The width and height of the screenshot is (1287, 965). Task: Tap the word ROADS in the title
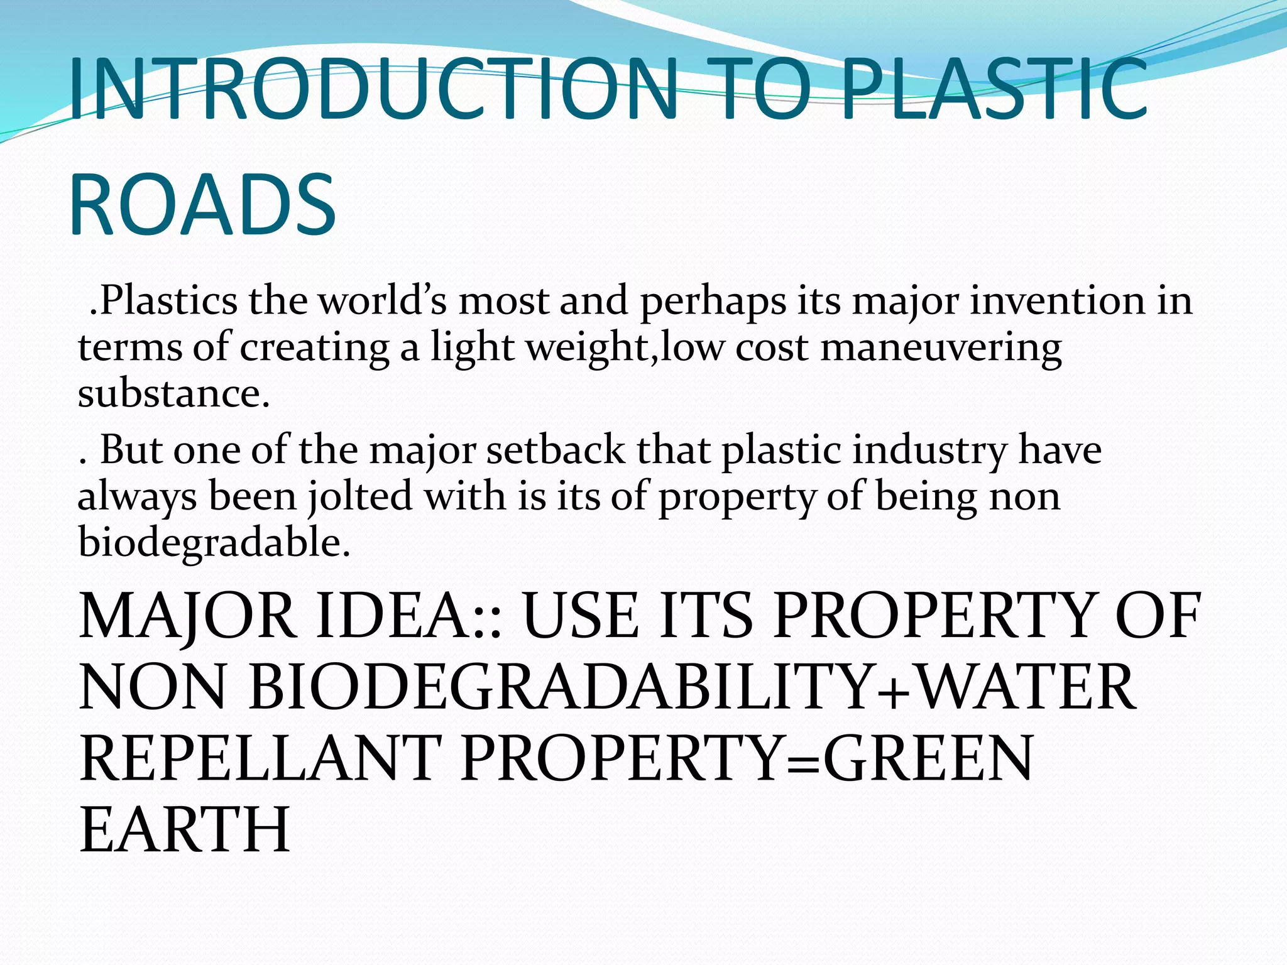point(202,205)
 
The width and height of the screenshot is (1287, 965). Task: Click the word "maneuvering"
point(941,347)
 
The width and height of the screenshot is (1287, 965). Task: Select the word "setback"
point(556,450)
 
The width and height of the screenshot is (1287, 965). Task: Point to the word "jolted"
point(360,496)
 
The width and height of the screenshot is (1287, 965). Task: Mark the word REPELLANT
point(260,758)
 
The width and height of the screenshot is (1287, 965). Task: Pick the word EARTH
point(185,829)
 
